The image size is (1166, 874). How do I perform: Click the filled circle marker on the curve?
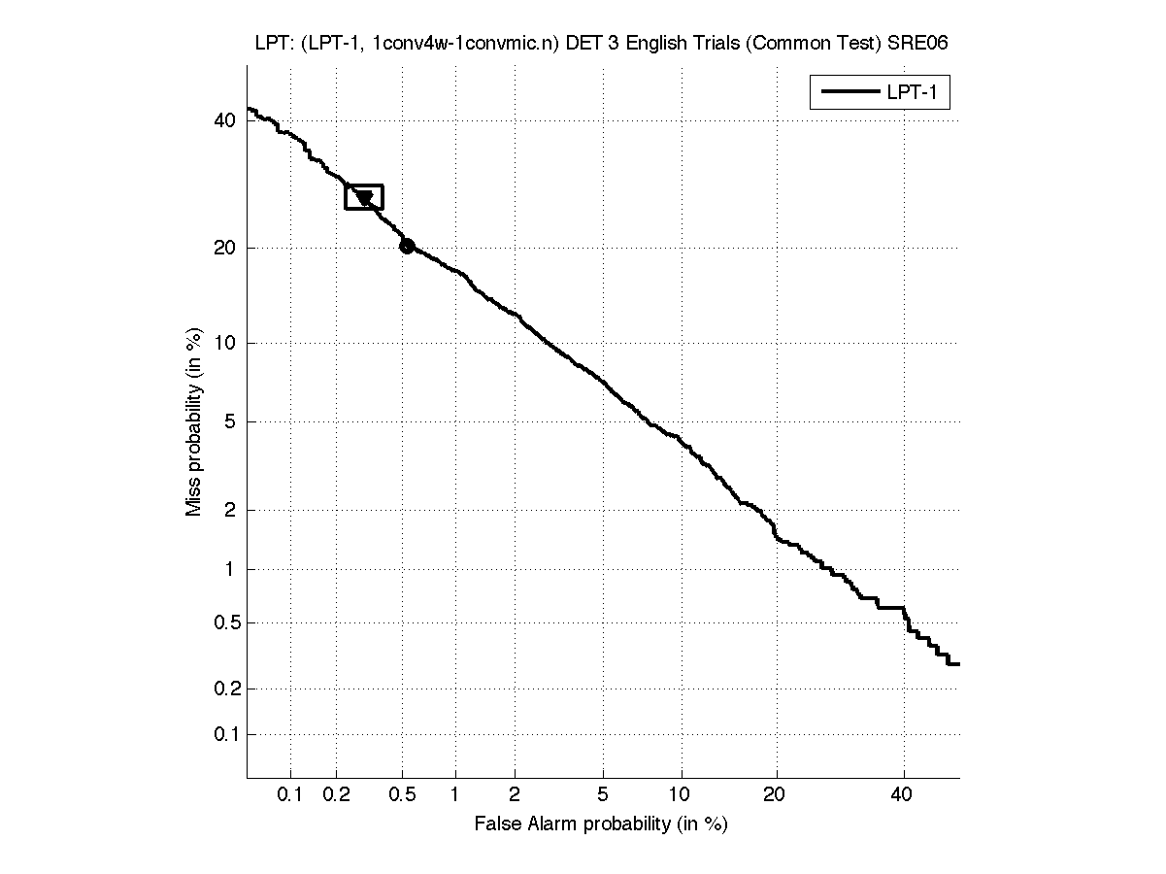(407, 247)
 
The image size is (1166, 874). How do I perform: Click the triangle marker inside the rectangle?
(365, 198)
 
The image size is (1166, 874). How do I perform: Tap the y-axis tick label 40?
(224, 120)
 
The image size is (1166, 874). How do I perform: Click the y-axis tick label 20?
(224, 248)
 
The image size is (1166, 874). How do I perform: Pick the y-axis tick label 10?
(224, 343)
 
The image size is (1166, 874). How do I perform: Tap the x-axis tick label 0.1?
(290, 795)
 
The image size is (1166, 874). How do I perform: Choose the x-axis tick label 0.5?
(402, 795)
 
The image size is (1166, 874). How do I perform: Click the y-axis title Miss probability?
(194, 420)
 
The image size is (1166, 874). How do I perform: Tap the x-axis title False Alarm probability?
(601, 824)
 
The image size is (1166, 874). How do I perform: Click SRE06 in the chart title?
(910, 44)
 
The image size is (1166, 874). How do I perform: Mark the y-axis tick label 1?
(229, 569)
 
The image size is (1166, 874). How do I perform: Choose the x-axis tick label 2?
(515, 795)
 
